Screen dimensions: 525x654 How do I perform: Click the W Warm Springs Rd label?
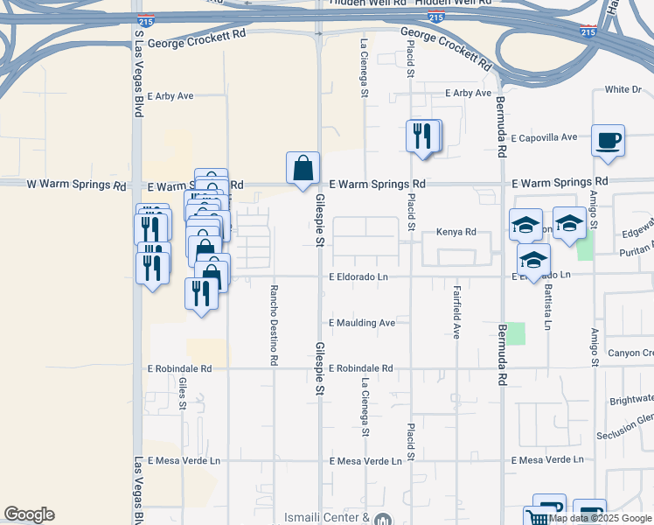[x=75, y=185]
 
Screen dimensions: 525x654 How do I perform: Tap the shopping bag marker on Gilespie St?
[x=303, y=168]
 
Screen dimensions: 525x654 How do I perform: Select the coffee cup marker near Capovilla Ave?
[x=608, y=140]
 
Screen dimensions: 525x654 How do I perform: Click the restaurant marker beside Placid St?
[x=423, y=136]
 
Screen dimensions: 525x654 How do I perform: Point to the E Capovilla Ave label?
[x=544, y=137]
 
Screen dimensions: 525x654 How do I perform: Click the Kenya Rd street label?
[x=456, y=233]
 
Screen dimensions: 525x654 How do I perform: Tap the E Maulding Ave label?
[x=362, y=323]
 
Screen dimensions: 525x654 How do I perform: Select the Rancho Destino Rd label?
[x=275, y=324]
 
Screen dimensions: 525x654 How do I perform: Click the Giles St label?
[x=183, y=394]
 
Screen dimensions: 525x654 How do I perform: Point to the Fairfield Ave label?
[x=456, y=310]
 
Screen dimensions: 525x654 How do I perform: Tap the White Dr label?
[x=623, y=90]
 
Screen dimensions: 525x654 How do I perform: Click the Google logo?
[x=29, y=514]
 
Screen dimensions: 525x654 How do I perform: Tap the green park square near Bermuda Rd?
[x=517, y=333]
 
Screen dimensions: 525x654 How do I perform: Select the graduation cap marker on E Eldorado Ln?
[x=532, y=260]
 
